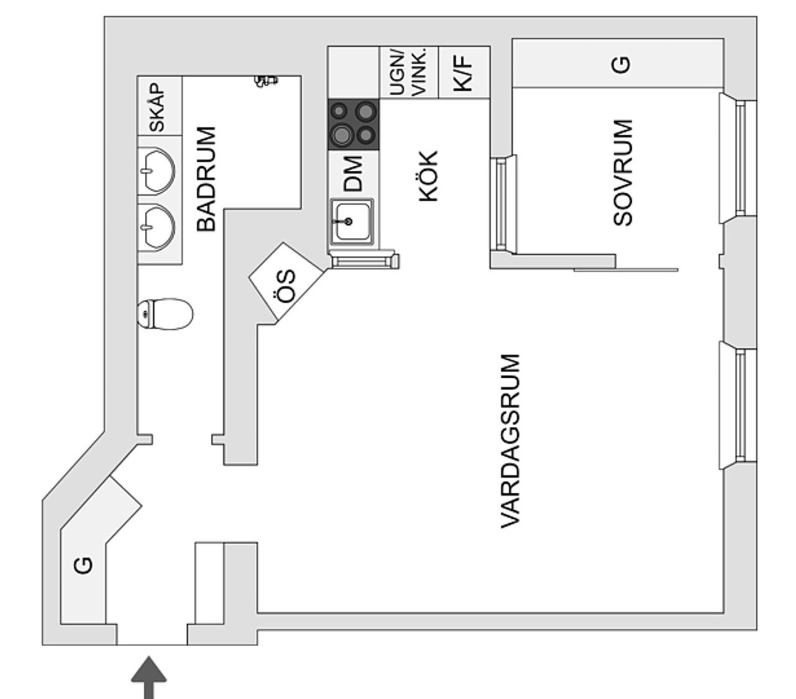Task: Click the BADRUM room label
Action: (206, 178)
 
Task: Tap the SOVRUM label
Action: (622, 172)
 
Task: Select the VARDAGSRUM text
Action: (511, 442)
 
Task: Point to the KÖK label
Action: (428, 176)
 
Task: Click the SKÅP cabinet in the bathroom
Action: (160, 106)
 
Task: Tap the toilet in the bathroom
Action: (165, 314)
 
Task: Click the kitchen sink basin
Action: (352, 222)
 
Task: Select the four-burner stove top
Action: (354, 124)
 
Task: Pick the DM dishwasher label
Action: (353, 174)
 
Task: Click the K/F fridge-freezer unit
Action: (464, 72)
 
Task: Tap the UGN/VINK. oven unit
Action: (409, 72)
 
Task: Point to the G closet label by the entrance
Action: (83, 565)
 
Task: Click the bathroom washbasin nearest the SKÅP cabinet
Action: (157, 171)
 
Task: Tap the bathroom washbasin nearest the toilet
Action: (157, 226)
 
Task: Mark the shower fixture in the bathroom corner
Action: (266, 81)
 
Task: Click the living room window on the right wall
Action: (738, 406)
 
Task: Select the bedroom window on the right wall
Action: (738, 158)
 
